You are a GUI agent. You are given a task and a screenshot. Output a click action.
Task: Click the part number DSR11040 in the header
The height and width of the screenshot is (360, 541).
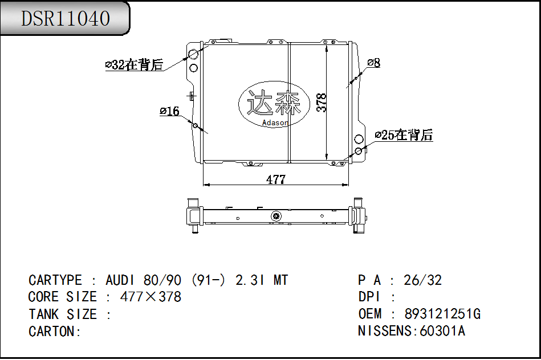click(65, 19)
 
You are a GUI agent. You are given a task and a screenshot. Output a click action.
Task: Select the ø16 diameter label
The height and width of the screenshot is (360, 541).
click(169, 111)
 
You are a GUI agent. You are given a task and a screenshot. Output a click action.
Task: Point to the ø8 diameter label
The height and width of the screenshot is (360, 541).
click(373, 63)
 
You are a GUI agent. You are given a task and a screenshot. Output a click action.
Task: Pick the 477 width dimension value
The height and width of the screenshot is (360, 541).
click(276, 179)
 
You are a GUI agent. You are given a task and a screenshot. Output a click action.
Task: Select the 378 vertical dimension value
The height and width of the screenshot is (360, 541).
click(322, 103)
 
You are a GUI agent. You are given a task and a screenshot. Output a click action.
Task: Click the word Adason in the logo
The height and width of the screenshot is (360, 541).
click(275, 123)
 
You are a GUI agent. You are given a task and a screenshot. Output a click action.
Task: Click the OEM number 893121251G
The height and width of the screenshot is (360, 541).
click(442, 314)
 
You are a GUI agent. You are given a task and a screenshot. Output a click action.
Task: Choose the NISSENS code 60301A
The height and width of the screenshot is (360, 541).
click(442, 331)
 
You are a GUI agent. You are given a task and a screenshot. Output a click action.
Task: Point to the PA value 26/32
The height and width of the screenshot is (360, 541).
click(422, 280)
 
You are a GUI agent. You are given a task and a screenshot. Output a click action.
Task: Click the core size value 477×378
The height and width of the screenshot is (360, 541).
click(150, 297)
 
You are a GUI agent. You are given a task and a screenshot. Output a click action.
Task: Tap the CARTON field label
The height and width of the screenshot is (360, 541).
click(55, 332)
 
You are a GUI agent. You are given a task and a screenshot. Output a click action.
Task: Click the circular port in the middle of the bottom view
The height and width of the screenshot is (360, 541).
click(276, 216)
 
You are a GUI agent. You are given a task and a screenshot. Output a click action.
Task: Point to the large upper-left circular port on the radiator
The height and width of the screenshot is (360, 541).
click(193, 55)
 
